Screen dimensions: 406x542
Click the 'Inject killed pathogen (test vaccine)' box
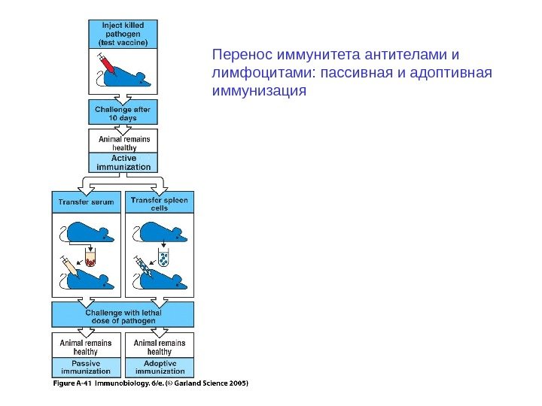coord(125,34)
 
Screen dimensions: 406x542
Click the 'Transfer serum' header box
coord(86,202)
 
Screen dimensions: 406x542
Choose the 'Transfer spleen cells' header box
coord(160,203)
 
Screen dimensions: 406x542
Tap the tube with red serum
coord(92,259)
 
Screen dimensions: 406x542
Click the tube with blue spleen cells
coord(165,259)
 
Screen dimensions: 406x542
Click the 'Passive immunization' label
coord(86,366)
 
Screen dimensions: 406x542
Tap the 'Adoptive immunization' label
coord(160,366)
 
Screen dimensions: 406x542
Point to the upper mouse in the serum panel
coord(88,234)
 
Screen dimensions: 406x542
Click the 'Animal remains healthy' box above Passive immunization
coord(86,347)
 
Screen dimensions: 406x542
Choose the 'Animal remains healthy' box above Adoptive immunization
coord(160,347)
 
